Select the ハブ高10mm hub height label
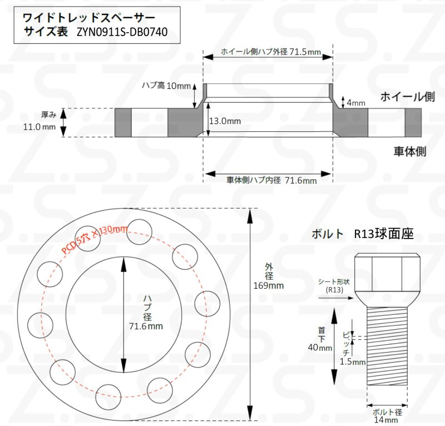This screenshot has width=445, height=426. [166, 85]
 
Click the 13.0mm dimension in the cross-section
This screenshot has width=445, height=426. [225, 121]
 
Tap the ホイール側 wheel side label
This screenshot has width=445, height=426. [407, 97]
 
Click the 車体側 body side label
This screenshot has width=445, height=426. [411, 151]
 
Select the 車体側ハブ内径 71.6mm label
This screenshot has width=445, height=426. [271, 180]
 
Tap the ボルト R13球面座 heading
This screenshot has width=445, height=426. [363, 234]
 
